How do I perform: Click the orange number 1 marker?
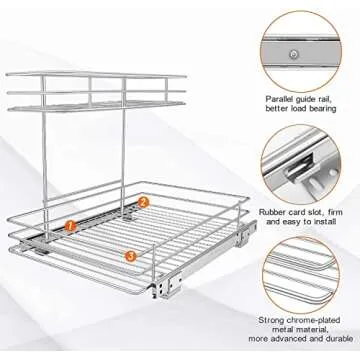(x=69, y=227)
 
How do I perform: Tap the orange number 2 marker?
(x=143, y=202)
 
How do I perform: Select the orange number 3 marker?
(x=132, y=256)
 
